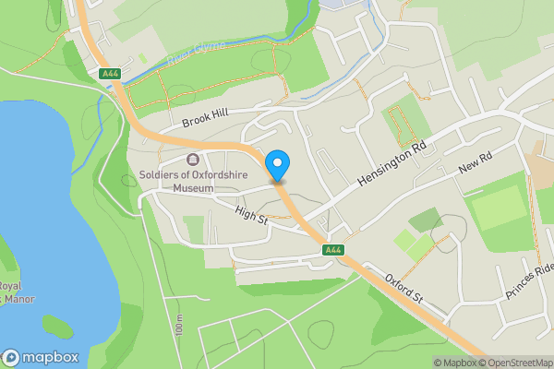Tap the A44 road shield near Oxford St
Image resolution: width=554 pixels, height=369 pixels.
tap(333, 250)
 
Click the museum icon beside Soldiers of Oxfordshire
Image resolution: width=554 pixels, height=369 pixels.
tap(194, 159)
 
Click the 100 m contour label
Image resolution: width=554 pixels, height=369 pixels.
tap(178, 326)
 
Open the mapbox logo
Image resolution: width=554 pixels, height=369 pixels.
tap(41, 358)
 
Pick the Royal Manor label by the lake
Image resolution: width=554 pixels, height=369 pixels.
tap(11, 292)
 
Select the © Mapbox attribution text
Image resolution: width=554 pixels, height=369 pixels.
tap(454, 363)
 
